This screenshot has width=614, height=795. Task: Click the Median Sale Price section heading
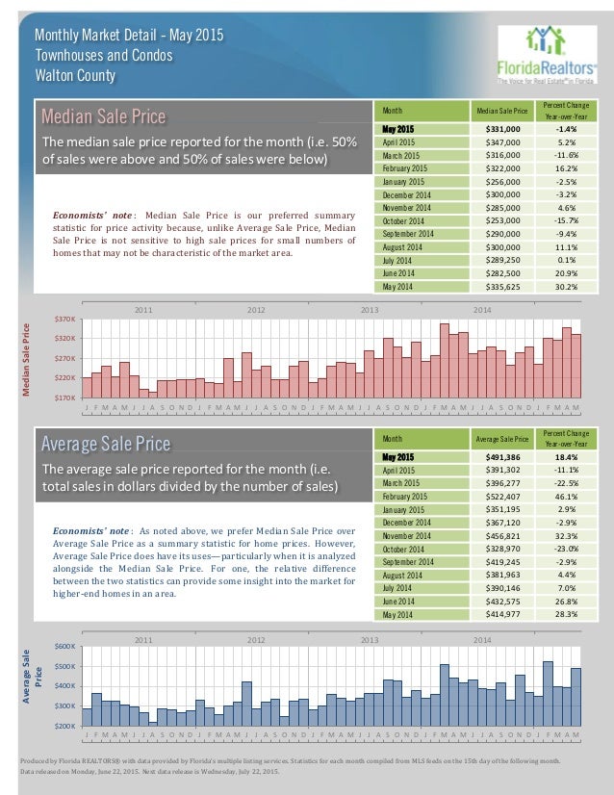(x=103, y=117)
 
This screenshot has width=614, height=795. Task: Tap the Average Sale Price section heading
(x=105, y=444)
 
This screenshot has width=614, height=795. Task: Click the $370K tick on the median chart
(x=67, y=319)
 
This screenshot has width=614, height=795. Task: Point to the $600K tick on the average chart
(x=67, y=646)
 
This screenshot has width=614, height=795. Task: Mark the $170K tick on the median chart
(x=67, y=397)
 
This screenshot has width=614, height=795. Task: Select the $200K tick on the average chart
(x=67, y=725)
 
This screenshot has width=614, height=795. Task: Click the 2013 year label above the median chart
(x=370, y=310)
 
